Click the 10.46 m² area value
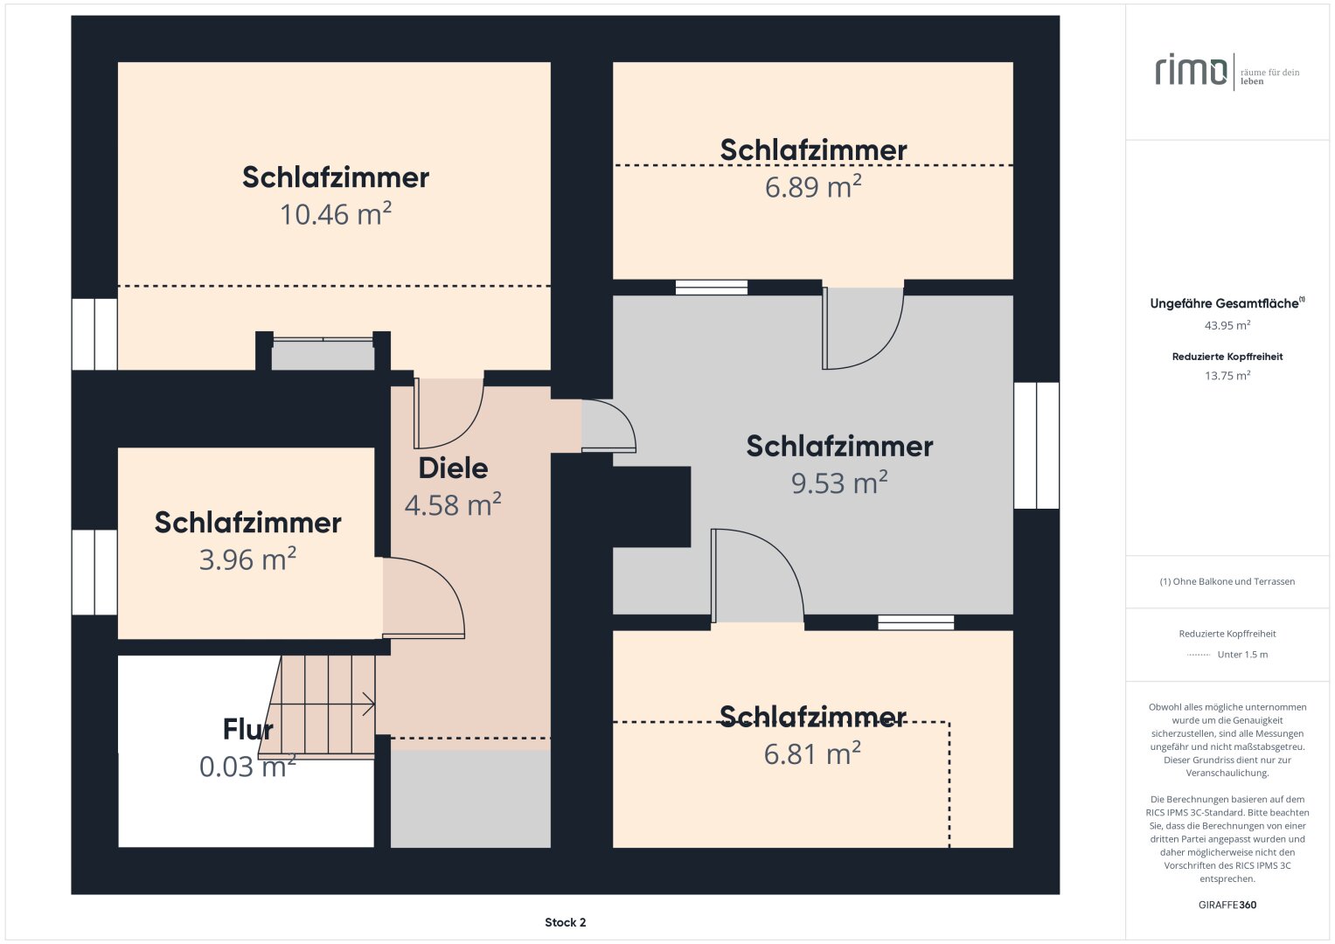pyautogui.click(x=336, y=215)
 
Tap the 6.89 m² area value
pyautogui.click(x=813, y=188)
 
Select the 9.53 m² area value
pyautogui.click(x=839, y=483)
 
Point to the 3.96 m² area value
pyautogui.click(x=247, y=560)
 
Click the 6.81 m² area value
pyautogui.click(x=812, y=754)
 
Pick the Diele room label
pyautogui.click(x=453, y=469)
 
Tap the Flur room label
pyautogui.click(x=247, y=729)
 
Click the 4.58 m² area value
pyautogui.click(x=453, y=506)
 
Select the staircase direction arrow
pyautogui.click(x=367, y=704)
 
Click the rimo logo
pyautogui.click(x=1191, y=71)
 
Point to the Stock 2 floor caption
pyautogui.click(x=565, y=922)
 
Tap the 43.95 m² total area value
pyautogui.click(x=1227, y=325)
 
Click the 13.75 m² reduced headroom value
pyautogui.click(x=1227, y=376)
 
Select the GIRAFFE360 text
pyautogui.click(x=1227, y=905)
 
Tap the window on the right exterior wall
pyautogui.click(x=1036, y=446)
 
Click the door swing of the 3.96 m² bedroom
pyautogui.click(x=424, y=599)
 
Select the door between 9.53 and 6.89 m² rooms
pyautogui.click(x=863, y=329)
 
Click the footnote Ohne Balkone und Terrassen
pyautogui.click(x=1227, y=581)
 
